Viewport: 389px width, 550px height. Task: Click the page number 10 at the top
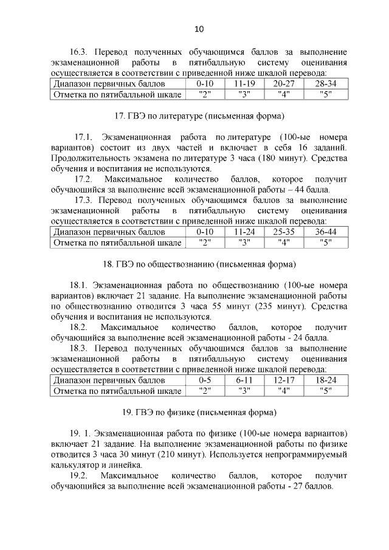(x=199, y=29)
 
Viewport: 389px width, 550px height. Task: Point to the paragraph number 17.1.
(x=83, y=137)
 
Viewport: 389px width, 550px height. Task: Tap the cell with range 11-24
(x=244, y=232)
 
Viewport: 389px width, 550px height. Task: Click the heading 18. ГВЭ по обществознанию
(x=199, y=264)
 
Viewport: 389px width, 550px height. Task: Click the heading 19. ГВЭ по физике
(x=199, y=412)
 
